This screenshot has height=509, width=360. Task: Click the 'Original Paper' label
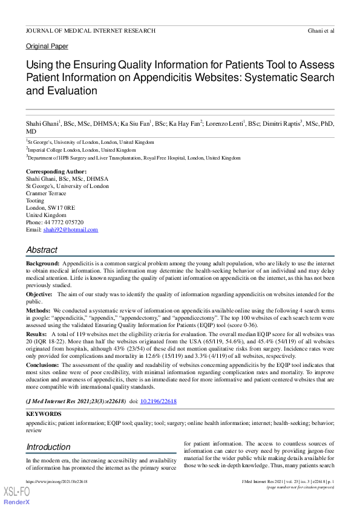point(47,46)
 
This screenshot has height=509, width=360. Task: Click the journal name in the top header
point(90,30)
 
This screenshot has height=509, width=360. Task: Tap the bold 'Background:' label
point(42,264)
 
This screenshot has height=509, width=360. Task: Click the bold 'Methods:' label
point(39,310)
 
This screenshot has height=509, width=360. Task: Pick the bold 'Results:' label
point(37,334)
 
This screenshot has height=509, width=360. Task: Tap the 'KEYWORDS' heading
point(44,415)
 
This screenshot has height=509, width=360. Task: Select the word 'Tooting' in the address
point(35,201)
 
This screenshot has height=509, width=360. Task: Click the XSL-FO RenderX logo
point(16,495)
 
